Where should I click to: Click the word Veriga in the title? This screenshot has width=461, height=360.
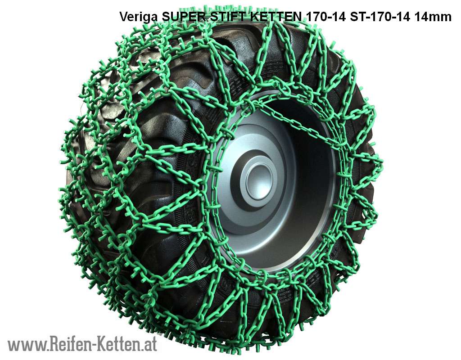pyautogui.click(x=139, y=18)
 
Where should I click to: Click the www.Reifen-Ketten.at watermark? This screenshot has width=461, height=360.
pyautogui.click(x=82, y=344)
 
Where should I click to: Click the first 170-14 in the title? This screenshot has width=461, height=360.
pyautogui.click(x=326, y=17)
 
